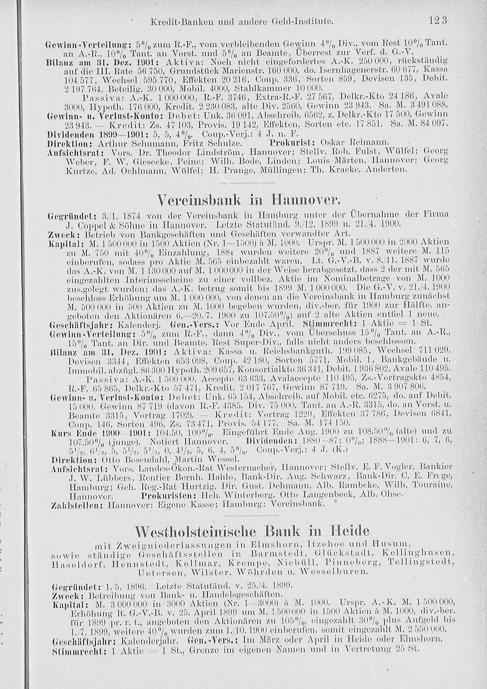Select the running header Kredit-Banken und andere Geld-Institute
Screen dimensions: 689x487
point(242,22)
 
